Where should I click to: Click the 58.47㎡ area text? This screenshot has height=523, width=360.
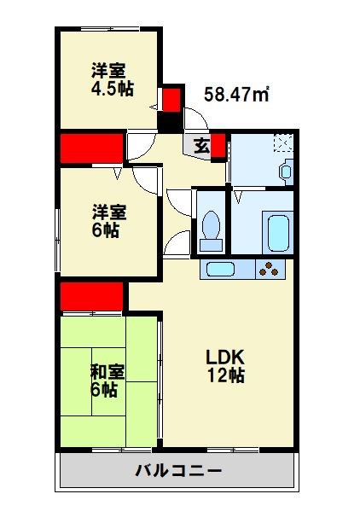[x=236, y=95]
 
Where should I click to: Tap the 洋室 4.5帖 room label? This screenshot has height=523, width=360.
[x=112, y=79]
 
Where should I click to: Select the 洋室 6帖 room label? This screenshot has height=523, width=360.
[x=110, y=220]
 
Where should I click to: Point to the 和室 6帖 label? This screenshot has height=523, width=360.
[x=108, y=380]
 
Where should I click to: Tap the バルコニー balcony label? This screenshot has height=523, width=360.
[x=178, y=471]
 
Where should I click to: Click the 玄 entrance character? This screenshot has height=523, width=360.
[x=200, y=146]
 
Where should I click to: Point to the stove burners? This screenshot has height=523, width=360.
[x=270, y=270]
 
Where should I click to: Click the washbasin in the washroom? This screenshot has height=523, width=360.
[x=285, y=171]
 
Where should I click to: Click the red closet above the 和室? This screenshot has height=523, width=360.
[x=92, y=298]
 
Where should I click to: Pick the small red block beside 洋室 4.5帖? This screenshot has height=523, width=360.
[x=171, y=99]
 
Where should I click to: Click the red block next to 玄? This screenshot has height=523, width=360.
[x=218, y=146]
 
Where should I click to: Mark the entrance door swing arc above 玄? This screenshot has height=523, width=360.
[x=142, y=145]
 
